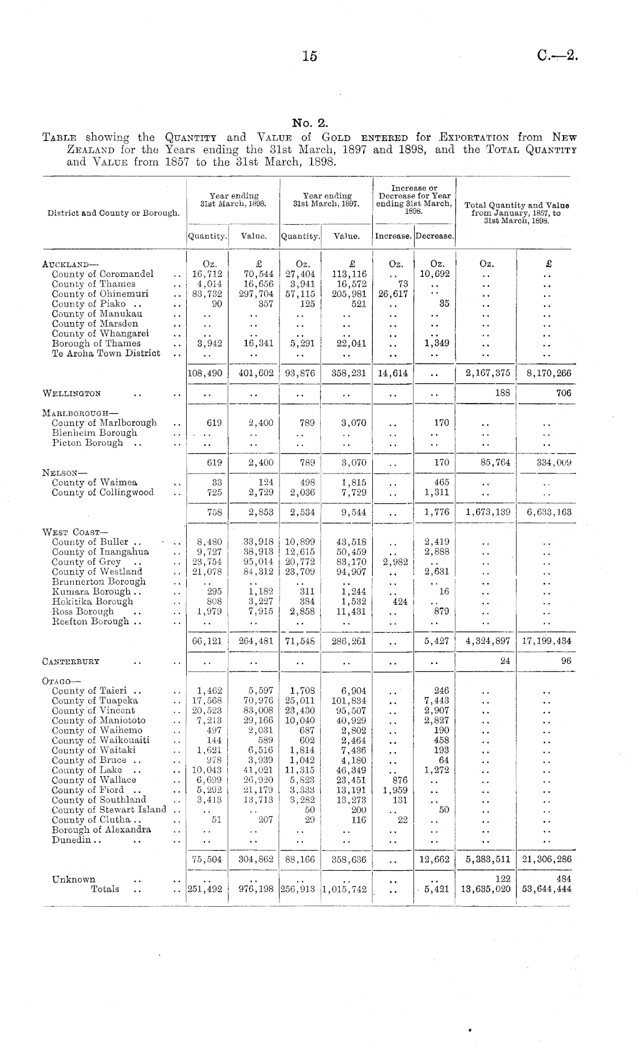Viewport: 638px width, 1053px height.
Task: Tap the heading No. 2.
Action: point(310,123)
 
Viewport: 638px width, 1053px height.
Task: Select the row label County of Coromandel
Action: point(103,274)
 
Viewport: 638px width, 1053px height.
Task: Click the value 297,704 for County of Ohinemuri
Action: point(256,294)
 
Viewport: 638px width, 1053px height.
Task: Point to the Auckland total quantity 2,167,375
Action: point(487,373)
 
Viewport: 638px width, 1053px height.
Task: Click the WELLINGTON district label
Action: point(72,394)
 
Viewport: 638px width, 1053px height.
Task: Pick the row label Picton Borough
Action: point(87,443)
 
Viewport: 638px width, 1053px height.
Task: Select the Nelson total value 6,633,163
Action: point(549,512)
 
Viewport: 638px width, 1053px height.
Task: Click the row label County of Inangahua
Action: point(100,552)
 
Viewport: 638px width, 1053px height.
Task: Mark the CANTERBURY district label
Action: point(71,661)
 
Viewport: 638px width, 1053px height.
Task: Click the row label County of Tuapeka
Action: point(94,701)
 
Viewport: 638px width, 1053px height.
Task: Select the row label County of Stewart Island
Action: point(109,810)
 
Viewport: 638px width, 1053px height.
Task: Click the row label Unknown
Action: point(74,879)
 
